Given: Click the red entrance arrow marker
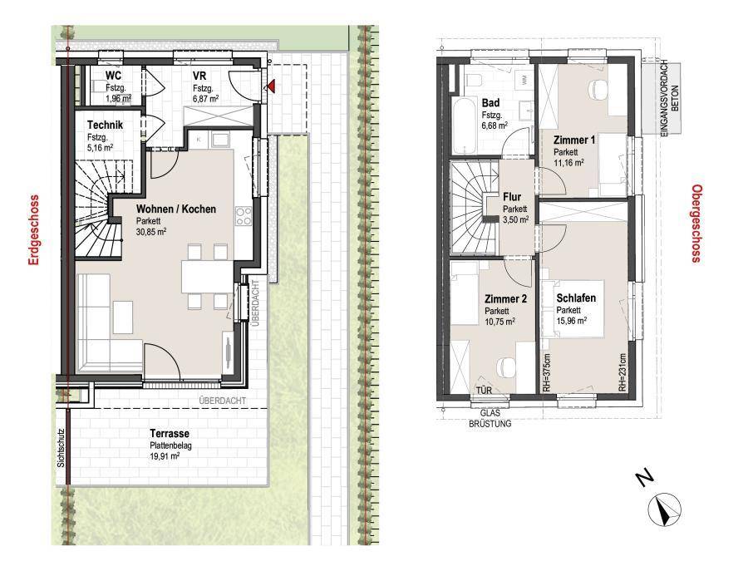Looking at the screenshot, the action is click(270, 86).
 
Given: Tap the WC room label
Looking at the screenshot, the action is click(114, 76).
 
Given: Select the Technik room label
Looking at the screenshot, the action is click(105, 125).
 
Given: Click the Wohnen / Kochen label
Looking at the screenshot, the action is click(176, 209).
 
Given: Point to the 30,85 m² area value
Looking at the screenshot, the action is click(150, 232).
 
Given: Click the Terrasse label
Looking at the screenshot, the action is click(170, 434).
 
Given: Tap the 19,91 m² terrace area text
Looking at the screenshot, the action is click(165, 455).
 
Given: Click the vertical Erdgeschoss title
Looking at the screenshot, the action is click(33, 230).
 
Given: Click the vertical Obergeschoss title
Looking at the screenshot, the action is click(697, 224).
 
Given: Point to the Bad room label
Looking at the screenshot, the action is click(491, 102).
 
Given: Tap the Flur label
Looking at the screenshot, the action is click(512, 196).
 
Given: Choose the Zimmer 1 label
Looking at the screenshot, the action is click(574, 140).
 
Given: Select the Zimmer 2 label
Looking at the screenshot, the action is click(505, 299).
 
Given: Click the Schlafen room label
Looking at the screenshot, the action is click(576, 298).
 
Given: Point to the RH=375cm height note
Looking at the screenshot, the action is click(547, 372).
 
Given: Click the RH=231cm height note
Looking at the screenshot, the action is click(622, 372).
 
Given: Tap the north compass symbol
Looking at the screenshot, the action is click(664, 508).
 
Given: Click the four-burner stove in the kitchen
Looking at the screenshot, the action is click(244, 216).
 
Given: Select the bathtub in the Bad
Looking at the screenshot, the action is click(464, 125).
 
